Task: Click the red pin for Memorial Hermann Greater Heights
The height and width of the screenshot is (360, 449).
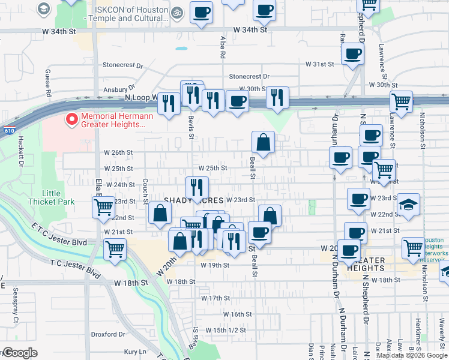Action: (72, 119)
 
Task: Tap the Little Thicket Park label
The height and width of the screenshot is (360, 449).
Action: (59, 197)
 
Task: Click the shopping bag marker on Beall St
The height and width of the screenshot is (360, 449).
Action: (263, 143)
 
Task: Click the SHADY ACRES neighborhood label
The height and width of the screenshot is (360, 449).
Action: (194, 200)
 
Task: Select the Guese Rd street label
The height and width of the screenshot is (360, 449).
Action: (47, 82)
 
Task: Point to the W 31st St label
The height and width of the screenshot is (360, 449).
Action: (319, 64)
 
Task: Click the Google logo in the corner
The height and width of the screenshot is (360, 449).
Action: (19, 353)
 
